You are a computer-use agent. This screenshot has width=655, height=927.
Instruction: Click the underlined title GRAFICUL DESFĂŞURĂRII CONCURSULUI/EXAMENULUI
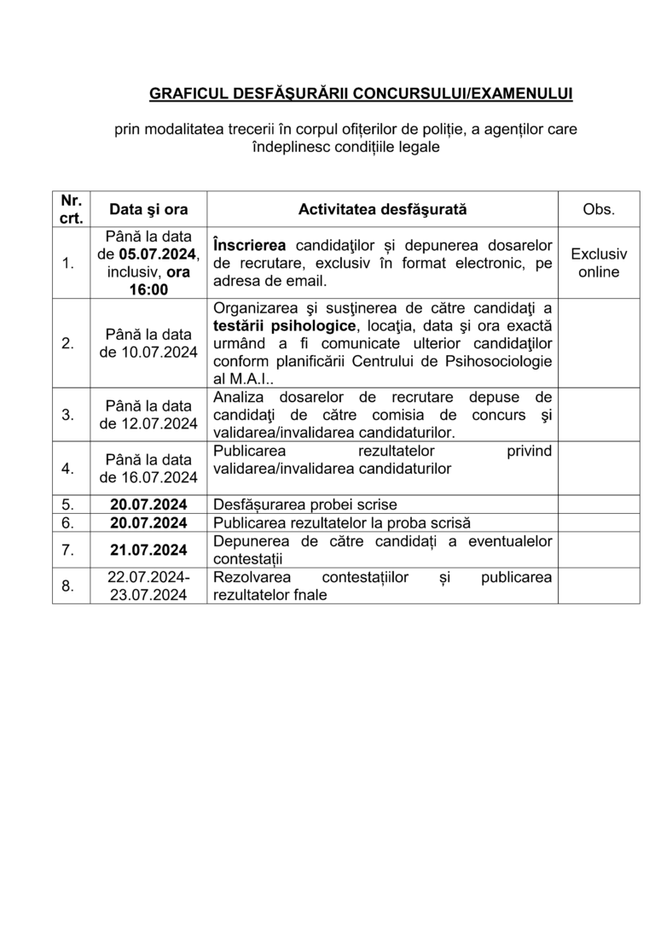point(362,91)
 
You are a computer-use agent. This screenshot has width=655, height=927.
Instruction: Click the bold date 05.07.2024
point(157,254)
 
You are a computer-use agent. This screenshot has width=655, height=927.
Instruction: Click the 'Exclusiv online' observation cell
point(598,263)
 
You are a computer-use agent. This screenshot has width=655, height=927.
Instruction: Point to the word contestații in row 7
point(247,558)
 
